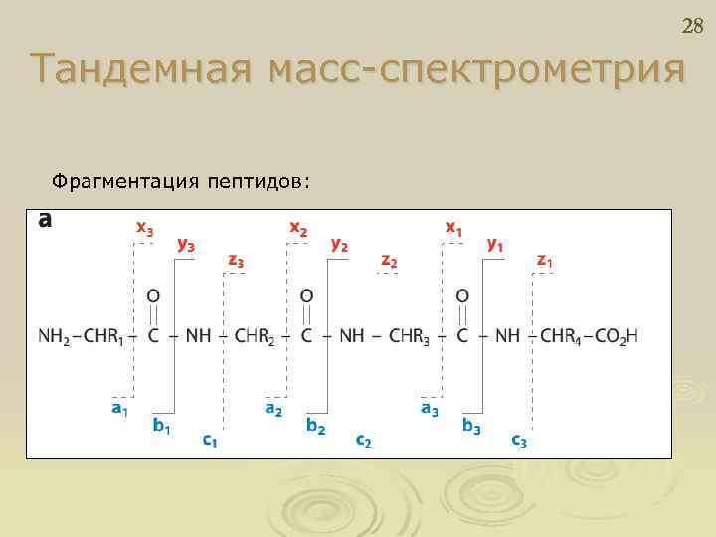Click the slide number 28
pos(692,26)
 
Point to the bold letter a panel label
pos(44,220)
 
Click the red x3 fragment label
pos(144,228)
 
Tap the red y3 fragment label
pos(185,243)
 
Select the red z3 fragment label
pos(236,261)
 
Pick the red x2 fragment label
pos(298,228)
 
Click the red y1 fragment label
pos(494,243)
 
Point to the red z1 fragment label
pos(545,261)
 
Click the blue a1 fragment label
pos(118,408)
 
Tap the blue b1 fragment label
pos(160,426)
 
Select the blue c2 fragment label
pos(364,441)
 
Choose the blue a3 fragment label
pos(429,408)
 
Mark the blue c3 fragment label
pos(519,441)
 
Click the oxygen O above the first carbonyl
pos(153,295)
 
